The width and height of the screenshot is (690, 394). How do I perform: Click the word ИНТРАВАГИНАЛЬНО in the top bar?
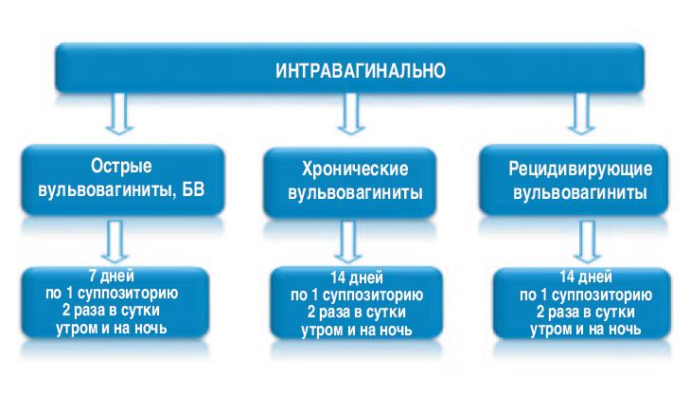click(347, 69)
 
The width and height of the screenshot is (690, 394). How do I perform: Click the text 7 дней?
click(119, 277)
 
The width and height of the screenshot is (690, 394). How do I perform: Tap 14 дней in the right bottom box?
click(580, 277)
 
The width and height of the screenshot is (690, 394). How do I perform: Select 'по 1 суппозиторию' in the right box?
click(580, 294)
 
